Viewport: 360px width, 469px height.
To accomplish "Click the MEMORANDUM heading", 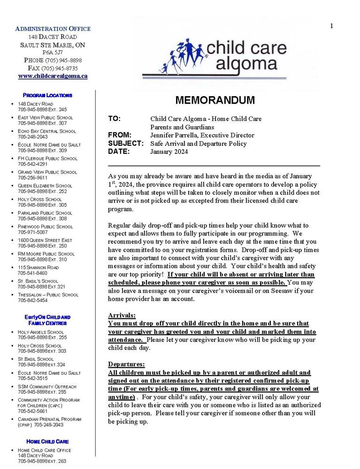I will coord(215,100).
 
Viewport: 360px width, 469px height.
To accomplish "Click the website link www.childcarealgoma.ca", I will coord(53,76).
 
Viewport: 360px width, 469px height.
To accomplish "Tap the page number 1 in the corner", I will coord(331,26).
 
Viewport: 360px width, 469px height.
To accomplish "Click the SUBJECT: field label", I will coord(125,144).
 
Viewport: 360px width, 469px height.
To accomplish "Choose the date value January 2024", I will coord(169,151).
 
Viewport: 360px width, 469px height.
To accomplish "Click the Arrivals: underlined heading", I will coord(122,315).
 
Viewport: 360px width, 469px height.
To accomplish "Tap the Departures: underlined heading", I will coord(126,364).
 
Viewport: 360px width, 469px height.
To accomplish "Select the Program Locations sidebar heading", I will coord(47,95).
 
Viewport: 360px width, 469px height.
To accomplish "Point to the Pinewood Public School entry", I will coord(45,227).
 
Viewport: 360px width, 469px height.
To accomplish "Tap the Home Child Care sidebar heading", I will coord(47,441).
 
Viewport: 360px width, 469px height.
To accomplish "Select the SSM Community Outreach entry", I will coord(47,386).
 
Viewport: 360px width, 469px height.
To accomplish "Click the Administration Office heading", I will coord(53,29).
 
